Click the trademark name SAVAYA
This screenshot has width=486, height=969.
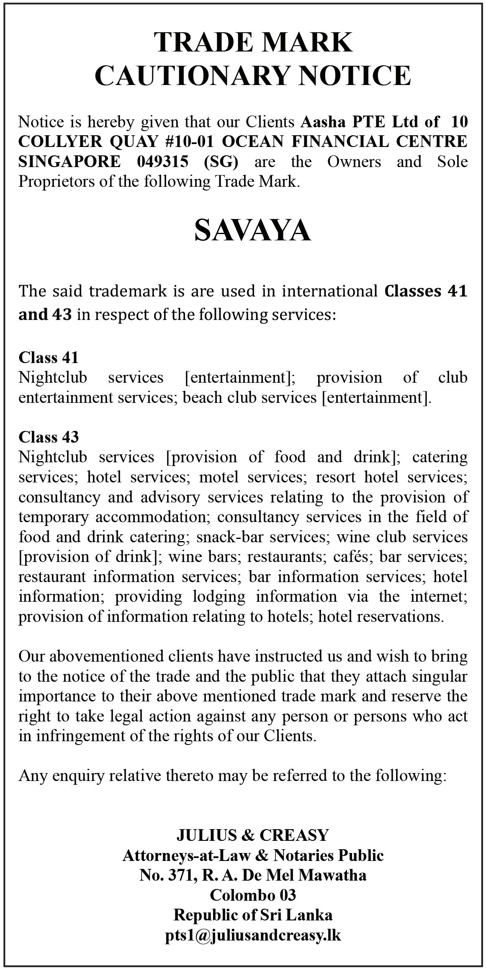(253, 231)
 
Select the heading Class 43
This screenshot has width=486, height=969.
(49, 437)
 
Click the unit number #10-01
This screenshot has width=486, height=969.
(189, 142)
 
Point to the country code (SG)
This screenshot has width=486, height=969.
(221, 162)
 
